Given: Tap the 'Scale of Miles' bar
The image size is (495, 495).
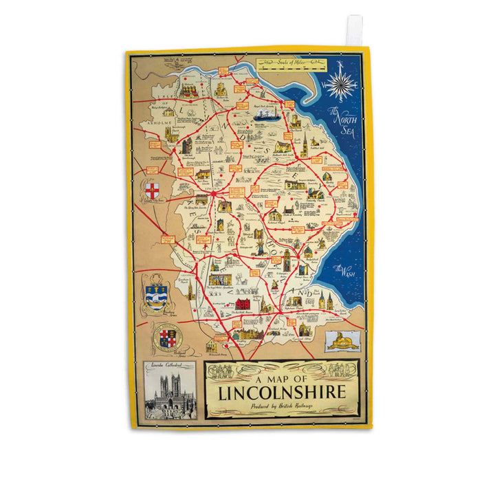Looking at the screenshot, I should pos(290,65).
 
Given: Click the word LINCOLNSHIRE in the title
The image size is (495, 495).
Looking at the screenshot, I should pos(283,394).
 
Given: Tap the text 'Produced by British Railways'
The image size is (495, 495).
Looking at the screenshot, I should pos(283,408).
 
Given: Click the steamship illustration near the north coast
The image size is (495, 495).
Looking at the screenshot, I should pos(265,115).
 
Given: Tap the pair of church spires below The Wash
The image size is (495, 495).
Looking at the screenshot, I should pos(325,300).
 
